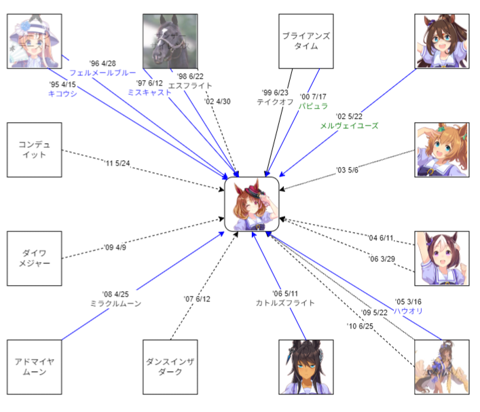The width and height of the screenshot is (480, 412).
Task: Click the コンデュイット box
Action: point(34,150)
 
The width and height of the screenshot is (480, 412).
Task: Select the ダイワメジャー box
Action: point(34,259)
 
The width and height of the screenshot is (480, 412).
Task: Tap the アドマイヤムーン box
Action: point(34,367)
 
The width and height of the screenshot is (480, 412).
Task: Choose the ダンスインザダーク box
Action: point(170,367)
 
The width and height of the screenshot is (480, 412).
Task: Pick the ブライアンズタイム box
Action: point(306,41)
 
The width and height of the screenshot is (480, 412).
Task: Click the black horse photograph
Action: point(170,41)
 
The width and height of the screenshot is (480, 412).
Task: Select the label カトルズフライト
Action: point(284,303)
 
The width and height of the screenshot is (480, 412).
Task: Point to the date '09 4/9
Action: point(115,248)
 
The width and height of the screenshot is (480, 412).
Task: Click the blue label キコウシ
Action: point(62,94)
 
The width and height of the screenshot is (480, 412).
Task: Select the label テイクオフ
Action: point(275,102)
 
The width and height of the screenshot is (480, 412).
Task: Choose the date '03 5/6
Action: point(347,170)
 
